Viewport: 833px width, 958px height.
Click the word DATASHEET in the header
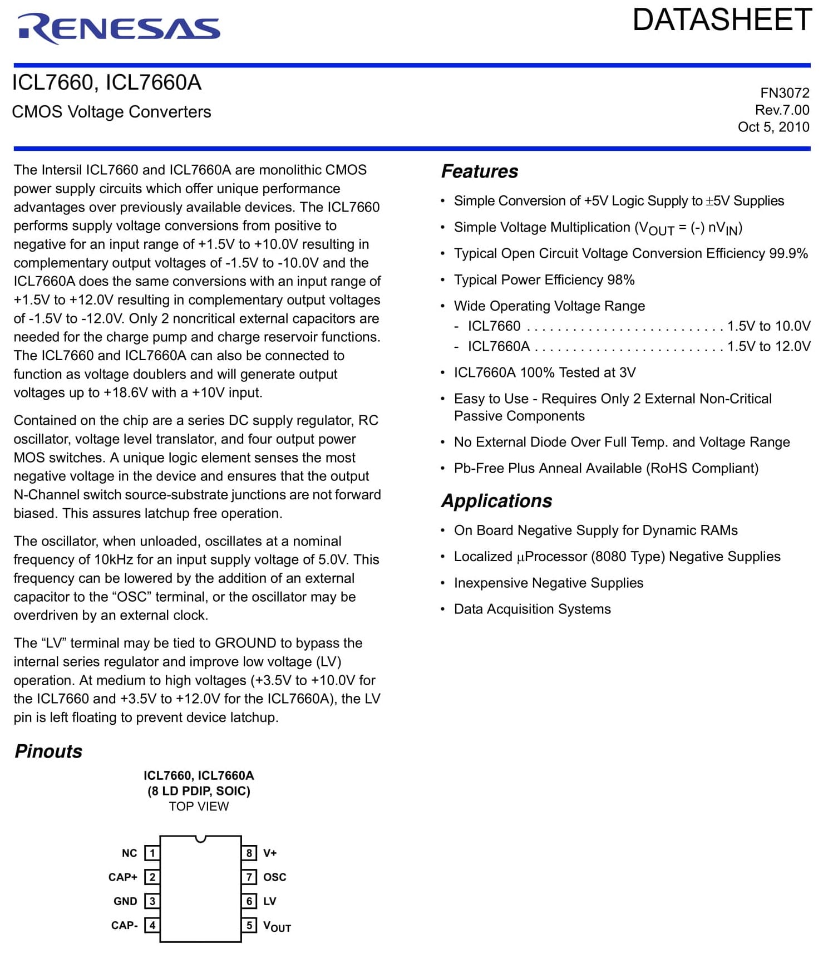tap(722, 20)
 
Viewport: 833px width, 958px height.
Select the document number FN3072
tap(785, 93)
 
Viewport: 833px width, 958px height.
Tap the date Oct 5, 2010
tap(773, 127)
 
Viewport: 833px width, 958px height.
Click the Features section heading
tap(479, 171)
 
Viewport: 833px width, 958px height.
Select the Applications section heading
tap(496, 501)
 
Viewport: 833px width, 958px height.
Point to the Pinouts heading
tap(48, 751)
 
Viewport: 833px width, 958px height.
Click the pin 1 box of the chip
tap(152, 853)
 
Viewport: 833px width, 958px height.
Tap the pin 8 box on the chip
tap(249, 853)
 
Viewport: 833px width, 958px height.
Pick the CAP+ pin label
tap(123, 877)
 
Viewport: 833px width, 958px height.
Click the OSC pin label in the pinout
tap(274, 877)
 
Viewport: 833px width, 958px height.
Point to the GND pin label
tap(125, 901)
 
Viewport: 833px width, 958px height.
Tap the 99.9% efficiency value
tap(788, 253)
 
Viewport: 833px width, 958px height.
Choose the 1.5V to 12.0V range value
tap(768, 346)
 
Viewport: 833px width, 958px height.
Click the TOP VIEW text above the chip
tap(199, 806)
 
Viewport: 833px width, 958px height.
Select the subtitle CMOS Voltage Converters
tap(111, 112)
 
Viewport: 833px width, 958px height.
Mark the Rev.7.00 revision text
tap(782, 110)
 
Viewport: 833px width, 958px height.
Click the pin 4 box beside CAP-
tap(152, 925)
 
